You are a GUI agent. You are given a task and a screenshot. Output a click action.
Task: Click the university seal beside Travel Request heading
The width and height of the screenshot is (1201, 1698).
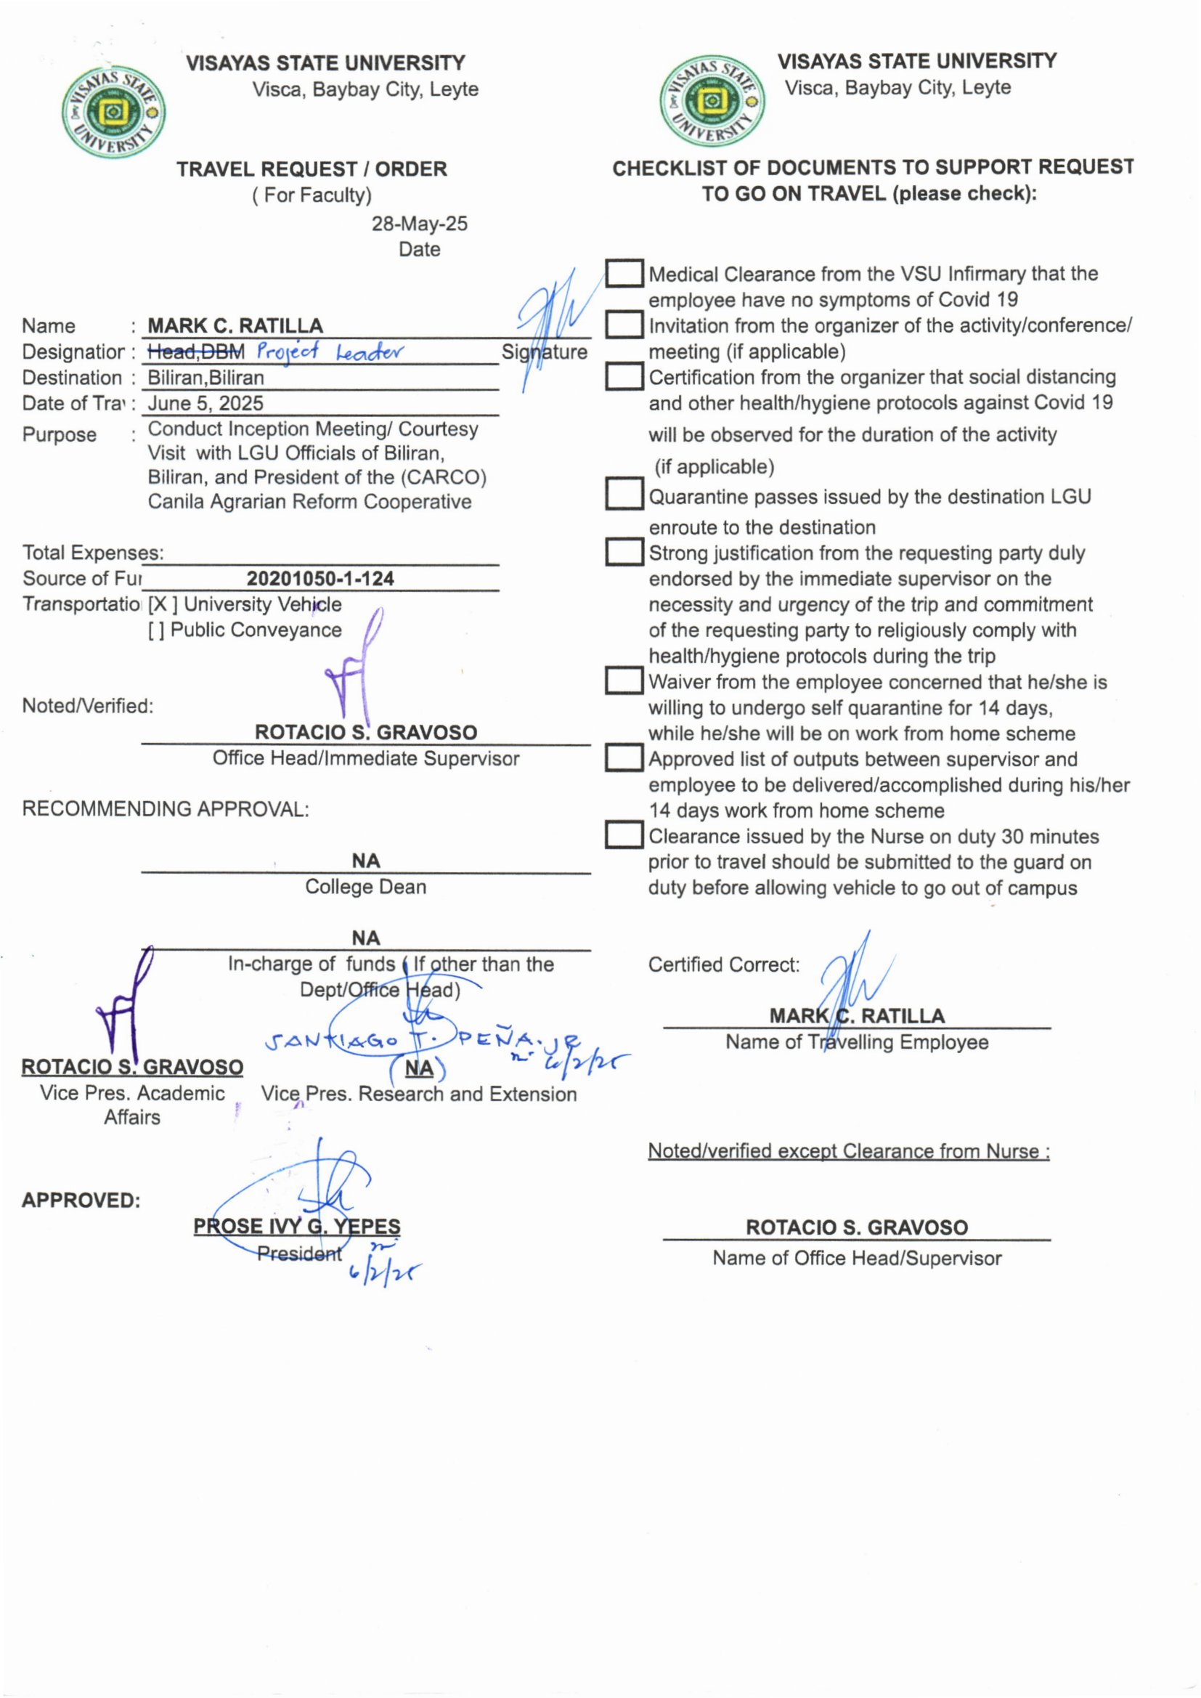coord(113,112)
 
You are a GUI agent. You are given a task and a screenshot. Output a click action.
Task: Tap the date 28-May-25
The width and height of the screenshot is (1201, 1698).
coord(419,224)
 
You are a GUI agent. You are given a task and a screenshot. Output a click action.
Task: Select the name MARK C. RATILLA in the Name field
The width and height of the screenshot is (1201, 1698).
coord(235,326)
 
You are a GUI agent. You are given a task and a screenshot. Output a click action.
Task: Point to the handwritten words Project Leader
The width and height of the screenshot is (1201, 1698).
coord(331,352)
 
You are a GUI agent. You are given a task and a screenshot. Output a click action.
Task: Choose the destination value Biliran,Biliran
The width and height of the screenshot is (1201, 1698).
coord(205,378)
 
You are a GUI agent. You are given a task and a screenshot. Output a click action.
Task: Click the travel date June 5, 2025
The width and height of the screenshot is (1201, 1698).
coord(205,404)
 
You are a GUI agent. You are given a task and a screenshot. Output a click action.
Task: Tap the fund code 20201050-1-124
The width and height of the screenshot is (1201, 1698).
coord(320,578)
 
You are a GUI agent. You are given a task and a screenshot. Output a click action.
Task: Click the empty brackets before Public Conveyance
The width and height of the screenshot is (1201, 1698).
coord(156,630)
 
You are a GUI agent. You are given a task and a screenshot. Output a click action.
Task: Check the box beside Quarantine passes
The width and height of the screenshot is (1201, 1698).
coord(624,495)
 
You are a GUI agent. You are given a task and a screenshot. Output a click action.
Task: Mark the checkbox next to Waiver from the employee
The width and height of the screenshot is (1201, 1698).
coord(624,681)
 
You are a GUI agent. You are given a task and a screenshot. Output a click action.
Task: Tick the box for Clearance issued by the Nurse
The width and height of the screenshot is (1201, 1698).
coord(624,836)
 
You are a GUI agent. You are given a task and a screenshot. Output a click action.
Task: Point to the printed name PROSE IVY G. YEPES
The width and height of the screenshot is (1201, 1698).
coord(296,1226)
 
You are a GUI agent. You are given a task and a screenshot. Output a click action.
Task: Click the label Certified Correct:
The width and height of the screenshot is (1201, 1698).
coord(723,964)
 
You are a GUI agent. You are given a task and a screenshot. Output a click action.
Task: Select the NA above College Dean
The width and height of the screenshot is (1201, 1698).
coord(365,861)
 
